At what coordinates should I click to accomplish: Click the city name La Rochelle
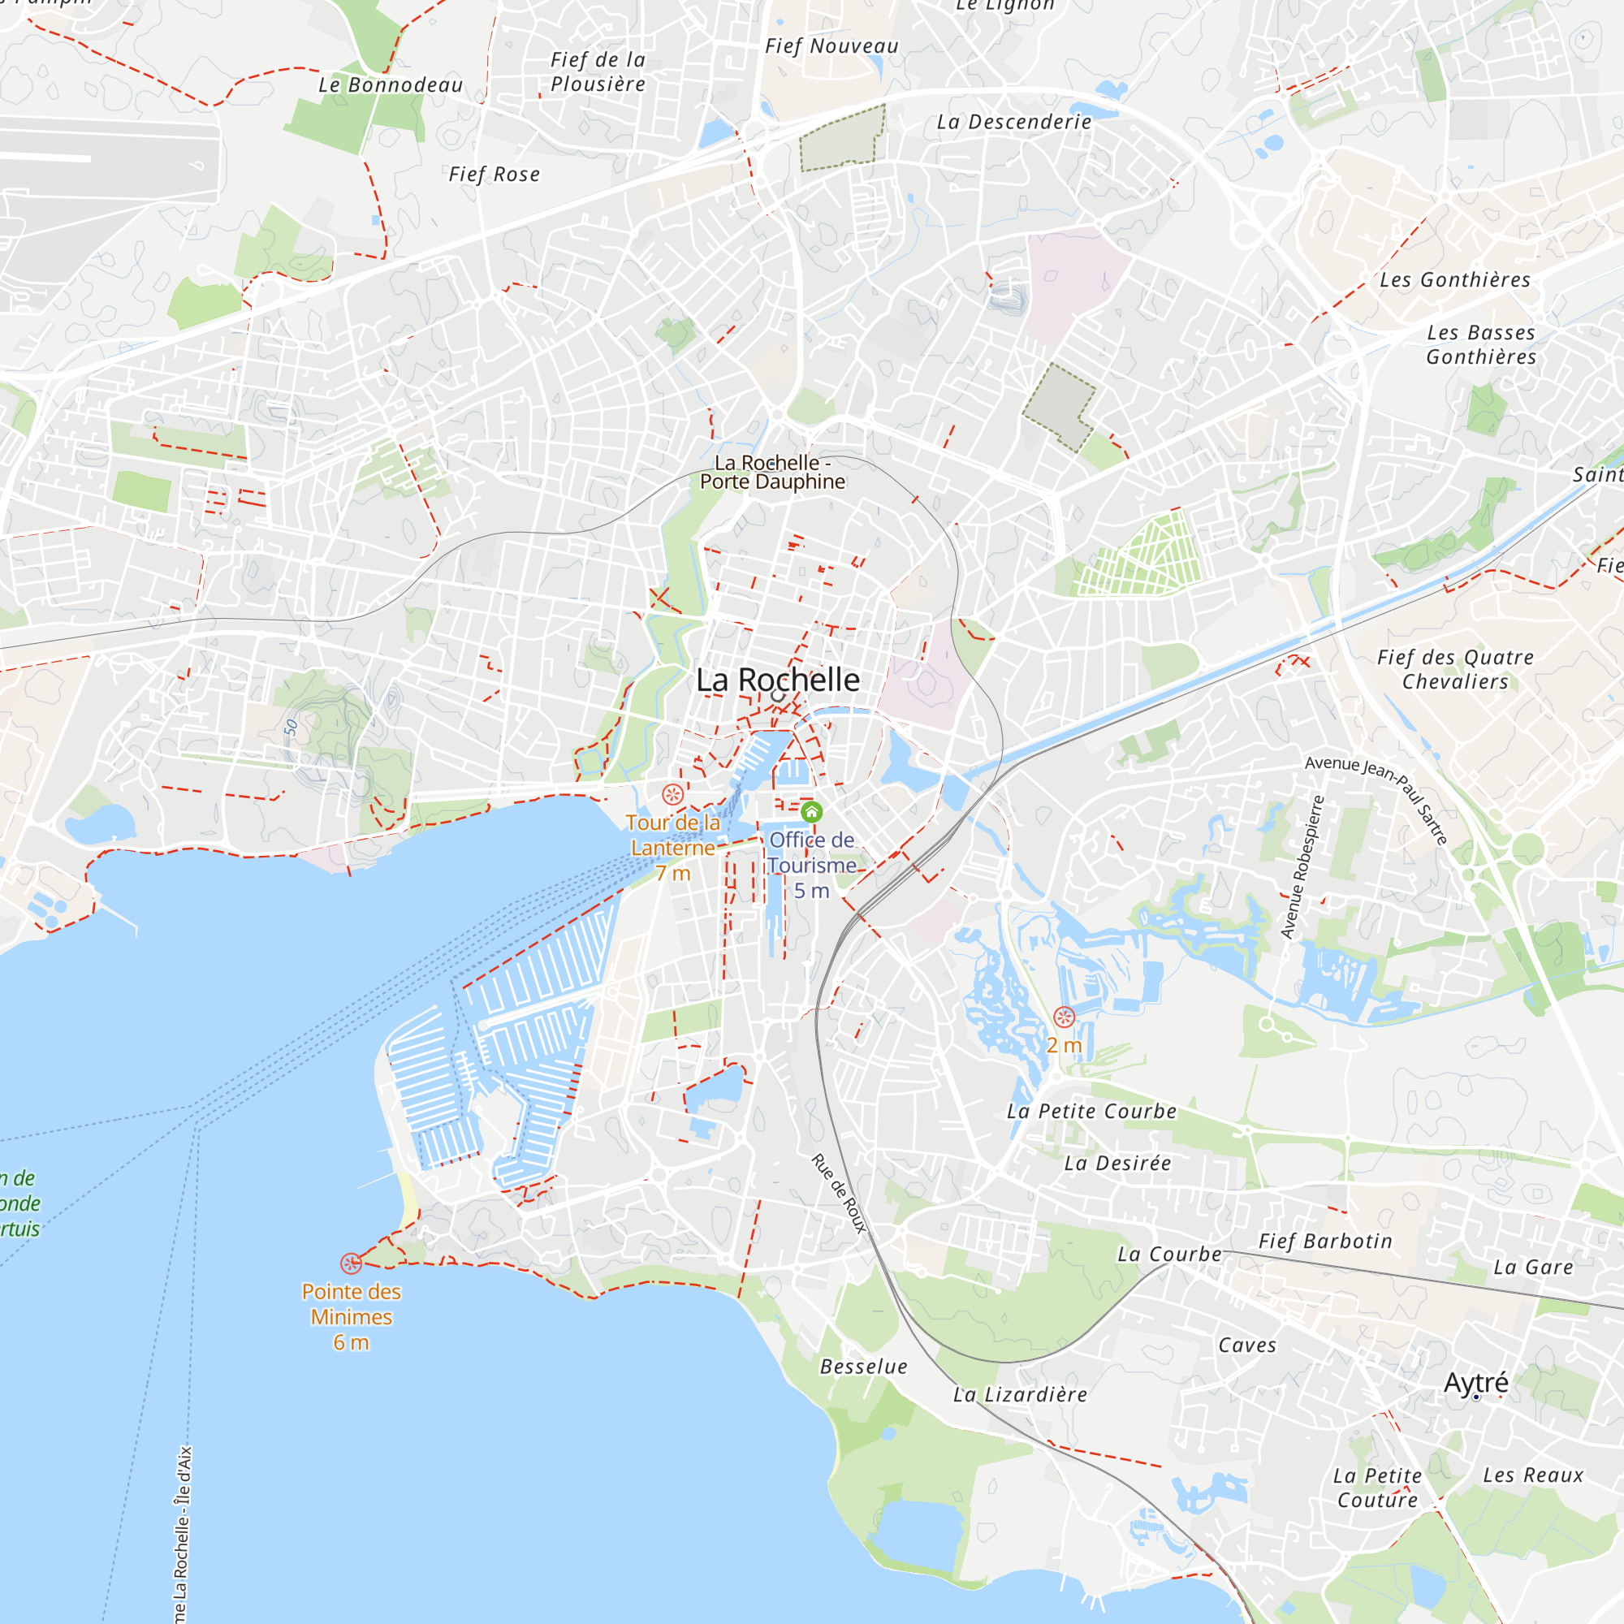[778, 680]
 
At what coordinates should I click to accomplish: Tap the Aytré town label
[1476, 1382]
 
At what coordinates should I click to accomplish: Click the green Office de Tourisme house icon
[811, 812]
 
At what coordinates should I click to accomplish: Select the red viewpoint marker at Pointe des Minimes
[351, 1263]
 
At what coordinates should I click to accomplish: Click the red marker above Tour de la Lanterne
[672, 794]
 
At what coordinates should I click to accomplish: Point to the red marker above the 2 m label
[1065, 1018]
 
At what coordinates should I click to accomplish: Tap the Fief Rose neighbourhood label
[495, 175]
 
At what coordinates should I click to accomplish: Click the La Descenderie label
[1013, 123]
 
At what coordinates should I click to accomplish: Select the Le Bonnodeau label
[391, 86]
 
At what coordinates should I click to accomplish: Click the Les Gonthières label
[1455, 280]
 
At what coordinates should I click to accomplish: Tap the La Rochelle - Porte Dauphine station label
[772, 473]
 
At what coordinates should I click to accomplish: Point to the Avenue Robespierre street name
[1302, 866]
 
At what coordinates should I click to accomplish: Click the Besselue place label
[864, 1367]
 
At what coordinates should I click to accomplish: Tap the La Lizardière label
[1020, 1395]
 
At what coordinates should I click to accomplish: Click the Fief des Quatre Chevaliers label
[1455, 669]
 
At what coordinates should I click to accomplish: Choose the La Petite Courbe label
[1092, 1112]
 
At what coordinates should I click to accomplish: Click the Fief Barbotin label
[1326, 1242]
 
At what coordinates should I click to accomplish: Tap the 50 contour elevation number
[291, 727]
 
